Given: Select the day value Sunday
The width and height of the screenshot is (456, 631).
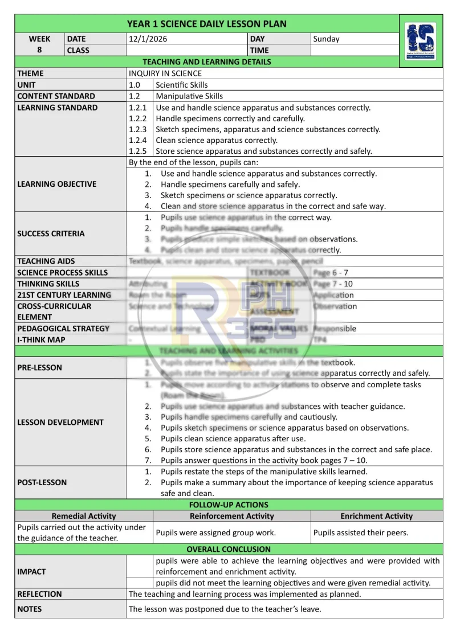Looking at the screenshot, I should (x=326, y=39).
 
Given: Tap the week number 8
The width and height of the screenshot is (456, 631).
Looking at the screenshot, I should (x=39, y=50).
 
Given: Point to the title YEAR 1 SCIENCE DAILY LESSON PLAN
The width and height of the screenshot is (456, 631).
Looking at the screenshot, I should (x=206, y=24).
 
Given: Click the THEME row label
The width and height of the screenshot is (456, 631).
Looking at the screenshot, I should (x=30, y=73).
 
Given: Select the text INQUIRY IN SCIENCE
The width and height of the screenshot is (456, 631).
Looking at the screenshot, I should (x=165, y=73).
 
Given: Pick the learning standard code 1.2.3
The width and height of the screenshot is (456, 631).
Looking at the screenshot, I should (x=138, y=129).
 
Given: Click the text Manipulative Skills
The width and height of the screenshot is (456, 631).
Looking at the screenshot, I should (x=189, y=96).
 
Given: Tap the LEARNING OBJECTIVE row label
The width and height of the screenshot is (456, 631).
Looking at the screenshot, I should (x=57, y=184).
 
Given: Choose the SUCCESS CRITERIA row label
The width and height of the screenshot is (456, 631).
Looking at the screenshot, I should (x=51, y=233).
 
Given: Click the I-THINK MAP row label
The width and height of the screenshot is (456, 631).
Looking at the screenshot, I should (x=41, y=339).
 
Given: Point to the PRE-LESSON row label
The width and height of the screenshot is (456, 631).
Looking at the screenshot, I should (x=39, y=367).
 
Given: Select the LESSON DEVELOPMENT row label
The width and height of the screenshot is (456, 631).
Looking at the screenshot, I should (x=60, y=422).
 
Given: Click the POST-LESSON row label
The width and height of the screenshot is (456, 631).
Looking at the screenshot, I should (x=42, y=482).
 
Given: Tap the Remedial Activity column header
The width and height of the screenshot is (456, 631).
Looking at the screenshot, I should (x=84, y=516).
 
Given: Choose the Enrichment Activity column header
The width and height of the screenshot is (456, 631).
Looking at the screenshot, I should (x=376, y=516).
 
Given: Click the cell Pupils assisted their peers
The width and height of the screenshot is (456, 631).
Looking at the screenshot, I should (x=361, y=533).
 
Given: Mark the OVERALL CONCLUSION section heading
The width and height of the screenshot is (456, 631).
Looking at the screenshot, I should (x=229, y=549).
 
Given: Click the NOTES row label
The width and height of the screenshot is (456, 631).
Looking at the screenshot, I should (x=30, y=609).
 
